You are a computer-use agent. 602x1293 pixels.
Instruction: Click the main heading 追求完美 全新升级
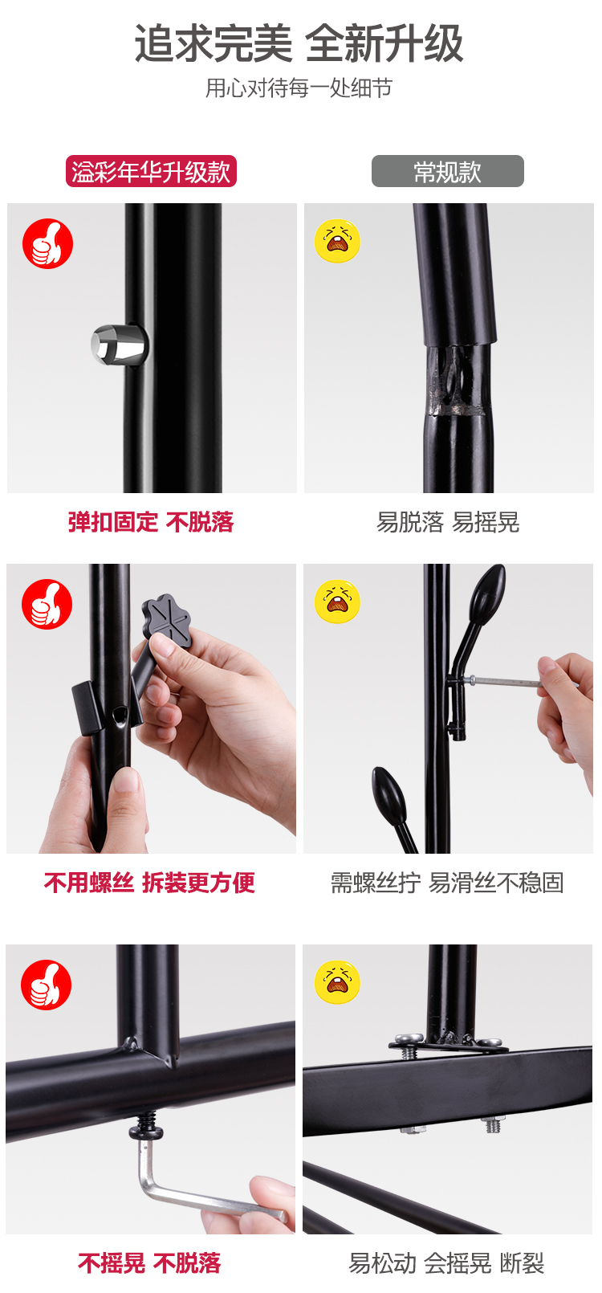[x=299, y=43]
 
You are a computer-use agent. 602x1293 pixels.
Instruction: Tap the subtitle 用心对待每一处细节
[x=299, y=88]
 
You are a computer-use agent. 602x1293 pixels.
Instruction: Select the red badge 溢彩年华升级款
[x=151, y=171]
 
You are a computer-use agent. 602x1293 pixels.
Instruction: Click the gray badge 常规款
[x=447, y=171]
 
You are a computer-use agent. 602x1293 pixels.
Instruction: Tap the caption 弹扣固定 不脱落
[x=151, y=522]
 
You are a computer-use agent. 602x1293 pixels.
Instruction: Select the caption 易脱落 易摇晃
[x=448, y=522]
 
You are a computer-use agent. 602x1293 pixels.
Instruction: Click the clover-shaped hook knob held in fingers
[x=167, y=618]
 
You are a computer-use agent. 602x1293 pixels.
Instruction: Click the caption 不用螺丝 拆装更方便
[x=149, y=883]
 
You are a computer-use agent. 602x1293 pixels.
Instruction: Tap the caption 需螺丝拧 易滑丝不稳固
[x=447, y=883]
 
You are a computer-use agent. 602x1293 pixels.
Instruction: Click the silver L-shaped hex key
[x=196, y=1189]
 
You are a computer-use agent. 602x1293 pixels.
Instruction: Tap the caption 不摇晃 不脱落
[x=149, y=1263]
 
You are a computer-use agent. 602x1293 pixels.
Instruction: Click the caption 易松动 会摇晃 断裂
[x=447, y=1263]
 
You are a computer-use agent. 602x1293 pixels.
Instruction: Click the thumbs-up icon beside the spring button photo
[x=48, y=243]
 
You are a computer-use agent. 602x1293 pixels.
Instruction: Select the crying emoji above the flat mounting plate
[x=338, y=982]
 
